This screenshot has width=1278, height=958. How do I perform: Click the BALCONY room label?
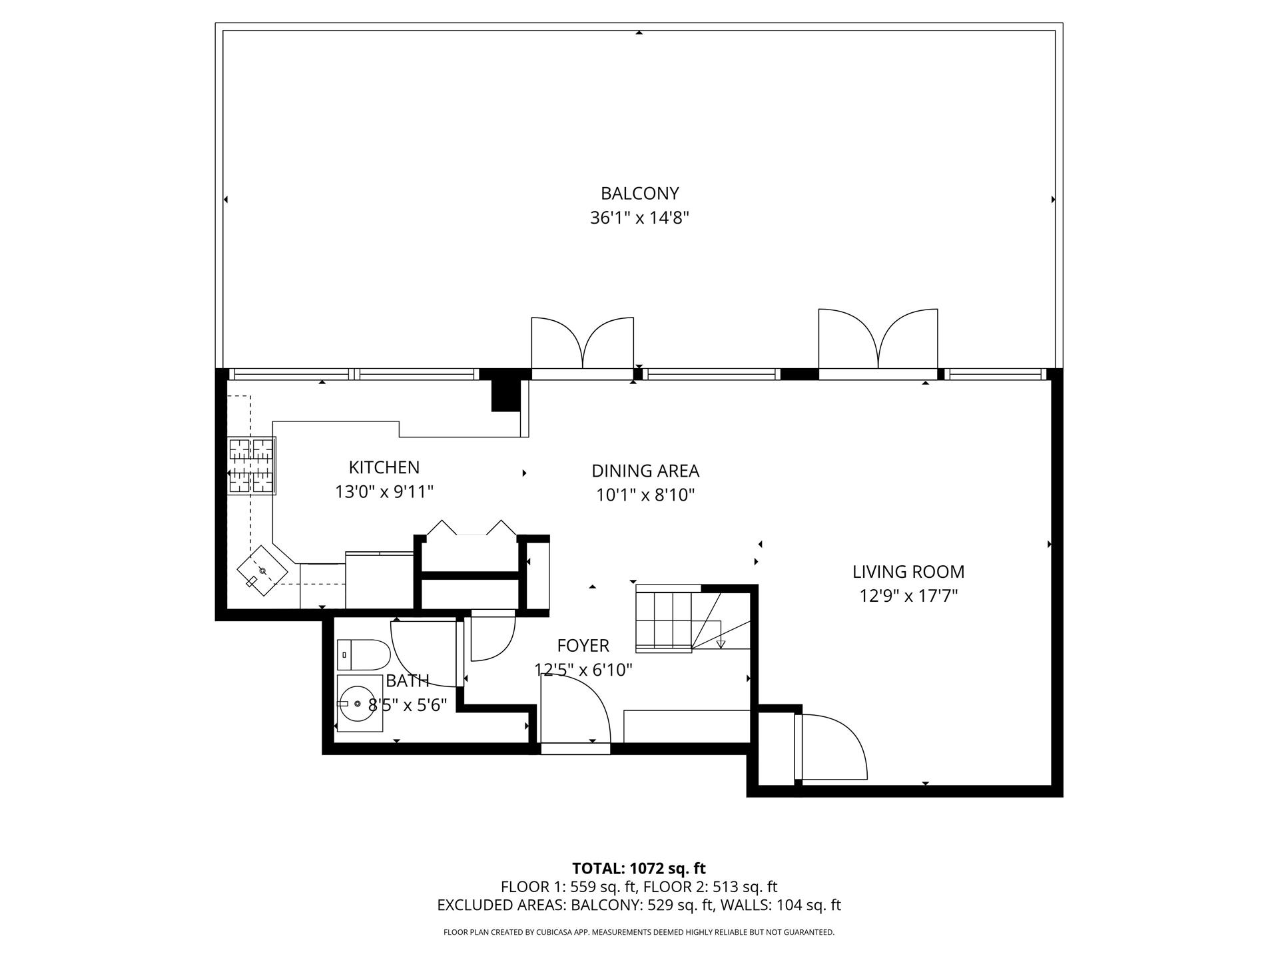(639, 193)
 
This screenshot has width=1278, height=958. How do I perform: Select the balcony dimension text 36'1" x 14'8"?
(639, 218)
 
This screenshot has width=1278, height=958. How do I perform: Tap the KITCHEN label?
(384, 467)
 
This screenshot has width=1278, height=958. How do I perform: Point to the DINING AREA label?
(645, 471)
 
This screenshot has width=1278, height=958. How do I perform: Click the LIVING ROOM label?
(908, 571)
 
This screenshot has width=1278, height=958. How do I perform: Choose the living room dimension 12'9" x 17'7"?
(908, 596)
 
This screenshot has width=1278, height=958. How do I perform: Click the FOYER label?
(583, 645)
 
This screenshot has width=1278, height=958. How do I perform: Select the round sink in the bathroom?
(358, 703)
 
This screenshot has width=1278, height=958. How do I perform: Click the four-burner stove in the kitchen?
(252, 466)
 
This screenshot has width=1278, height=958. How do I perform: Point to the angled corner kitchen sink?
(262, 571)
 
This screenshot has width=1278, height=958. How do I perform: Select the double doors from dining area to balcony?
(582, 345)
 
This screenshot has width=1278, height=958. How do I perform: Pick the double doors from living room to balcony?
(878, 340)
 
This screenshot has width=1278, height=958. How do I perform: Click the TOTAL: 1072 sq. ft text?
(639, 868)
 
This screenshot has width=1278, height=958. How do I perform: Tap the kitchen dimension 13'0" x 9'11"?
(384, 492)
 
